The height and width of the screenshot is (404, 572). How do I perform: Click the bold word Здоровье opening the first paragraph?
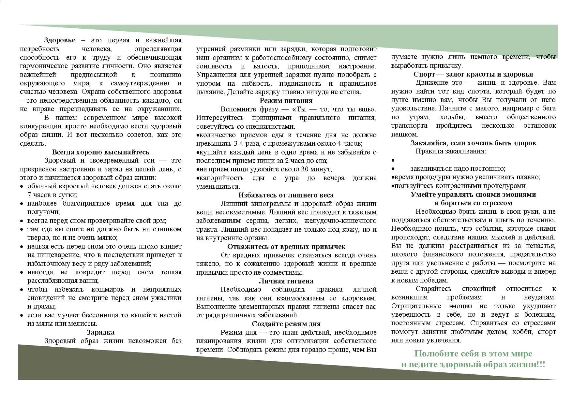[x=60, y=40]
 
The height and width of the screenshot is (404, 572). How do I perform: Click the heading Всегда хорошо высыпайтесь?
[x=100, y=152]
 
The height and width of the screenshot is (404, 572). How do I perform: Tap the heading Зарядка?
[x=100, y=332]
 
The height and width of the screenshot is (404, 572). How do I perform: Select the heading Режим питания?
[x=286, y=101]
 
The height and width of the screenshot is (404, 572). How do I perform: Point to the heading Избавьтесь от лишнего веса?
[x=286, y=195]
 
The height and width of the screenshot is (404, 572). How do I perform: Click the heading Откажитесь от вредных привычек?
[x=286, y=247]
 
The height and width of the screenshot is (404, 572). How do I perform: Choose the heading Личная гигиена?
[x=286, y=281]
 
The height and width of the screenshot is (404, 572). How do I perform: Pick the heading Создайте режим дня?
[x=286, y=324]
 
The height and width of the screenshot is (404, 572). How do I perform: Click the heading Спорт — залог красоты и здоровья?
[x=473, y=74]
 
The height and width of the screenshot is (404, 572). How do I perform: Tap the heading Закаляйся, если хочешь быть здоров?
[x=473, y=143]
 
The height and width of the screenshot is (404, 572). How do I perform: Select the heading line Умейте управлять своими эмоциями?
[x=473, y=195]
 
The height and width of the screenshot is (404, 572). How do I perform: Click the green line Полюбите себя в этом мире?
[x=473, y=354]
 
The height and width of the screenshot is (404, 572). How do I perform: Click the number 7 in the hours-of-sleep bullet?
[x=29, y=195]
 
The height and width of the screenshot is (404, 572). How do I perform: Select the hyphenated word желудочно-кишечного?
[x=340, y=221]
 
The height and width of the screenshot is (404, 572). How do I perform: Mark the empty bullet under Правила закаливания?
[x=393, y=161]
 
